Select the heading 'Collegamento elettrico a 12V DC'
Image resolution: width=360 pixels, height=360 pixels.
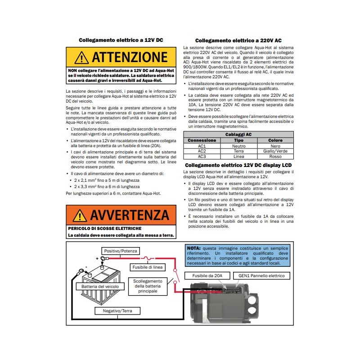tap(121, 40)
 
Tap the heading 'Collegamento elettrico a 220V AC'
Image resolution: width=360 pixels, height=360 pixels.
tap(238, 40)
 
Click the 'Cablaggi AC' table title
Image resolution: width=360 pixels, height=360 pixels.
tap(238, 134)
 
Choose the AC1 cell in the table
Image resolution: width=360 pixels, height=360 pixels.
tap(202, 146)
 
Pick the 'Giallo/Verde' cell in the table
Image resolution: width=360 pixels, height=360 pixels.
tap(275, 151)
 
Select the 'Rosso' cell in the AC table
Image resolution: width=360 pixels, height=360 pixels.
tap(275, 157)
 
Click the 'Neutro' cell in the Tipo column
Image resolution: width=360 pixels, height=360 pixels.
tap(238, 146)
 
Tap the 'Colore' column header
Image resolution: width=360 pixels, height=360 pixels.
tap(275, 140)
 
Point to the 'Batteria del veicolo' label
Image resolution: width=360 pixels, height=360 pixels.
tap(99, 286)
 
